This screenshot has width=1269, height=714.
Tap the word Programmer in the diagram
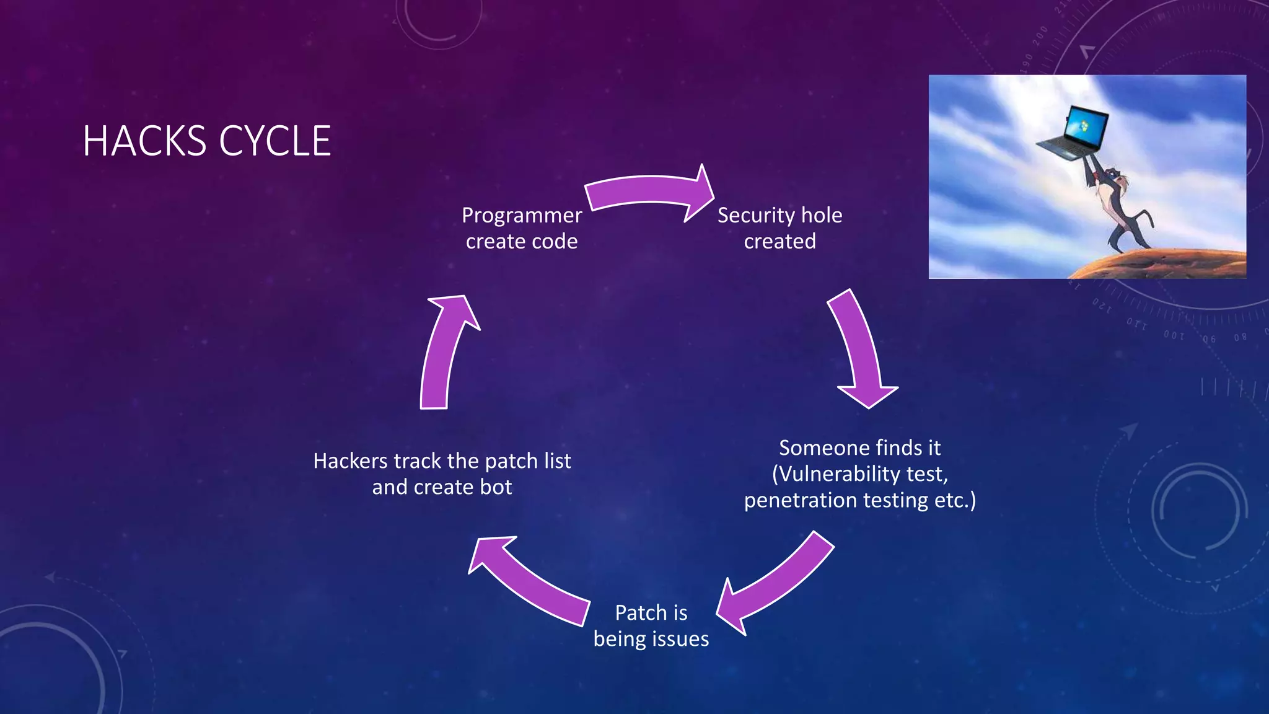[522, 215]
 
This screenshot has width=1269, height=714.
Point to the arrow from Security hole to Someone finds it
[861, 347]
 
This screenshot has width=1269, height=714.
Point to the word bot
[496, 487]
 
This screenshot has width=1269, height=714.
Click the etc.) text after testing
[955, 500]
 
